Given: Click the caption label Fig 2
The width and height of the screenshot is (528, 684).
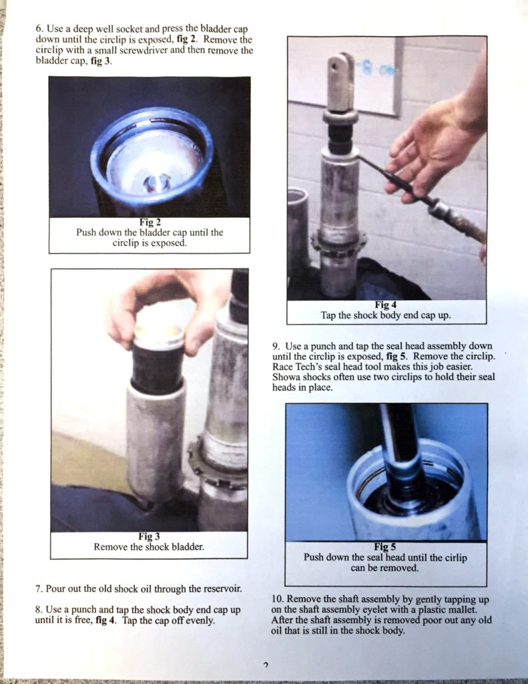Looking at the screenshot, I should [x=149, y=222].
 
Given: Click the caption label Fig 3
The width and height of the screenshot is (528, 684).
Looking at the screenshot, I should [x=149, y=536].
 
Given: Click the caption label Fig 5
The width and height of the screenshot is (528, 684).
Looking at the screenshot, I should [x=385, y=547].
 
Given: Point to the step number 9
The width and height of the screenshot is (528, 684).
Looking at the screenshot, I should [x=275, y=346].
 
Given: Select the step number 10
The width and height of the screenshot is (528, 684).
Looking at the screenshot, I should [x=278, y=598].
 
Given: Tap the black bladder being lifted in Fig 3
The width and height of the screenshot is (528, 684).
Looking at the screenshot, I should [x=157, y=367].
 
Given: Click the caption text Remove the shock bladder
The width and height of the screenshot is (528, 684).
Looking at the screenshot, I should [x=149, y=546].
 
